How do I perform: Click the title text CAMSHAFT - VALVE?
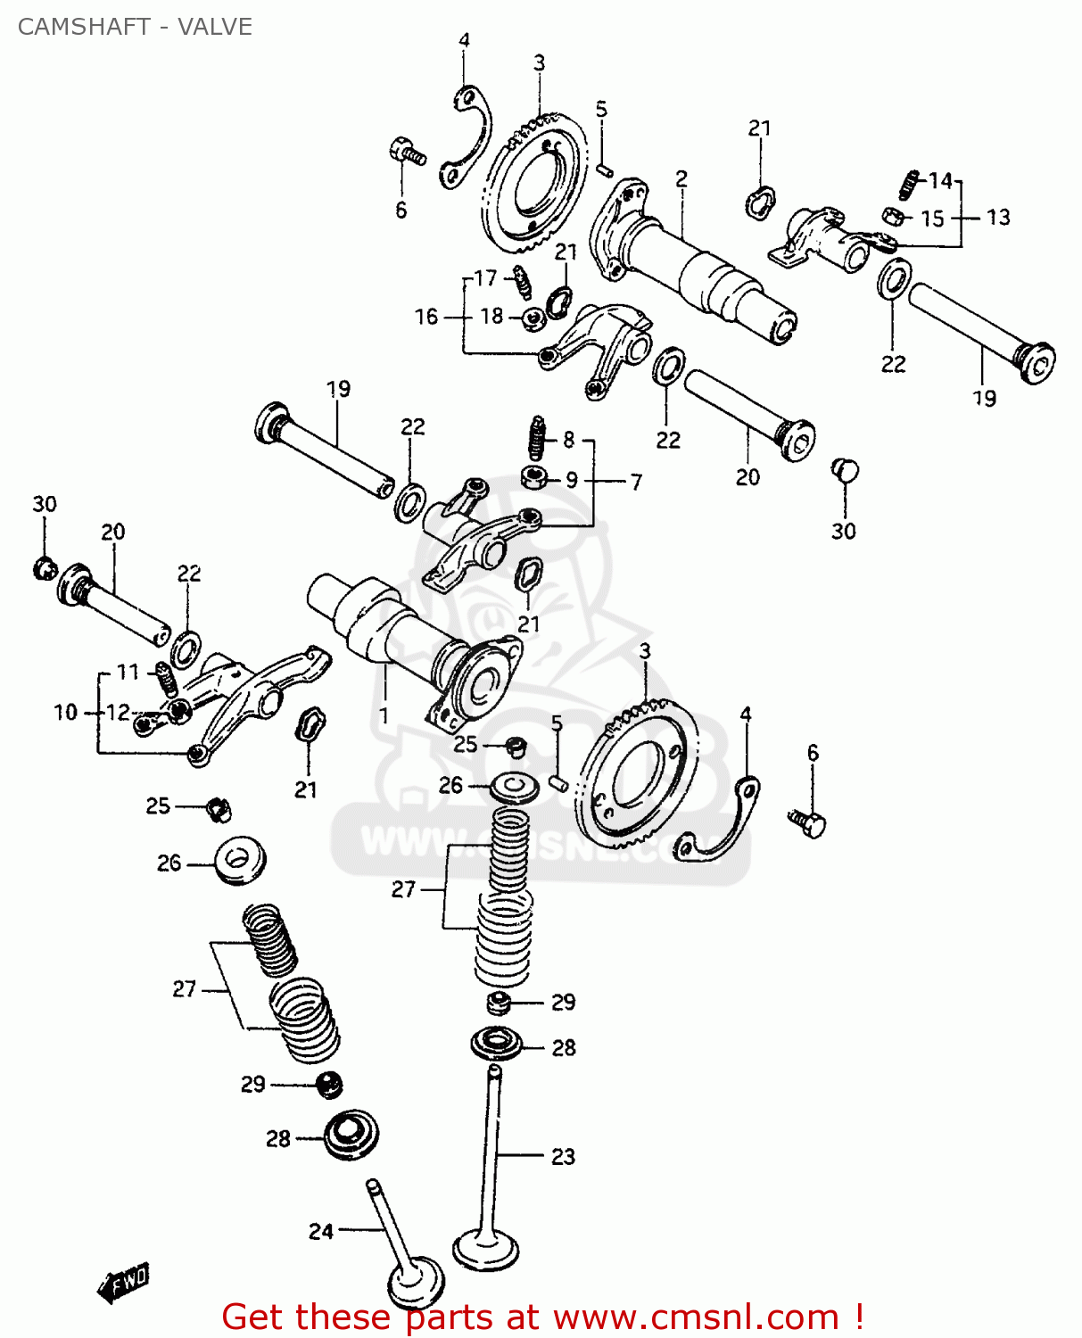coord(135,27)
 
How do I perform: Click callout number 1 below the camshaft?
coord(384,715)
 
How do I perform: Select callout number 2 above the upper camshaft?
coord(681,179)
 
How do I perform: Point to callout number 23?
coord(563,1156)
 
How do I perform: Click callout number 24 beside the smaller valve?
coord(320,1231)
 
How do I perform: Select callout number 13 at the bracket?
coord(998,218)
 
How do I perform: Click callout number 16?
coord(426,317)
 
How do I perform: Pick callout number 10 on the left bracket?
coord(66,712)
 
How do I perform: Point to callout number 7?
coord(636,482)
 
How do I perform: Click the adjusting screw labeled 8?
coord(537,437)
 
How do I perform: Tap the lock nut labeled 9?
coord(533,477)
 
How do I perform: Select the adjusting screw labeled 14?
coord(908,185)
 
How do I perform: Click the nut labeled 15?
coord(892,216)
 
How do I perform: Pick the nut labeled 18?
coord(534,317)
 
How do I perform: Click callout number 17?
coord(485,278)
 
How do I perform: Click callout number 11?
coord(128,672)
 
